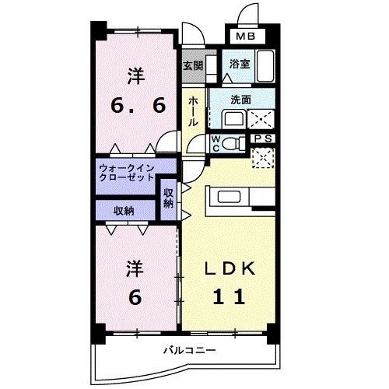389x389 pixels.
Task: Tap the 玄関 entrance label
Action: point(193,66)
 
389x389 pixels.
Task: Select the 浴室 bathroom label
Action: point(239,65)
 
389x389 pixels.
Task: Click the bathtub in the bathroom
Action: point(265,64)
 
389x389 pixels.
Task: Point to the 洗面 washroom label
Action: point(240,100)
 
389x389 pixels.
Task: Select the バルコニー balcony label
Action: point(188,351)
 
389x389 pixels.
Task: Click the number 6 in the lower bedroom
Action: point(135,297)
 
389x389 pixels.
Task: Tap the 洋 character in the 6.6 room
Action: point(135,77)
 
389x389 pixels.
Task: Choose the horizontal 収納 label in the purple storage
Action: point(124,210)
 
